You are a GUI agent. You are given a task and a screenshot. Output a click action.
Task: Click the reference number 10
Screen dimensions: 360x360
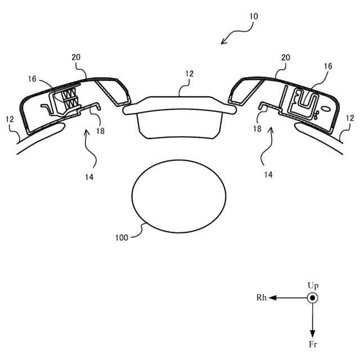pos(254,16)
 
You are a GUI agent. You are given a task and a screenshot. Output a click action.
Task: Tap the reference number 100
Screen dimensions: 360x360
pos(121,237)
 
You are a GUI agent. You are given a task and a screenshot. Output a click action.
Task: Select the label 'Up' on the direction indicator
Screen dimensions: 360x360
pos(313,286)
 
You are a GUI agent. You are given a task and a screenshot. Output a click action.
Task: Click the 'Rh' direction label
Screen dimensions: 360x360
pos(262,298)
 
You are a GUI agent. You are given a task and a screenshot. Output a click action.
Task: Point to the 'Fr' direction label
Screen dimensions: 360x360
pos(313,344)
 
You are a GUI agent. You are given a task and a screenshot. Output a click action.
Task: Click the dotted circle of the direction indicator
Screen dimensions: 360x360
pos(313,298)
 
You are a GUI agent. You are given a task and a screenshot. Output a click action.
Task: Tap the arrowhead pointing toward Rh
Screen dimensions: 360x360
pos(272,298)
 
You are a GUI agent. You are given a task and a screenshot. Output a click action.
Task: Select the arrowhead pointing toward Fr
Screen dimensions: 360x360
pos(313,334)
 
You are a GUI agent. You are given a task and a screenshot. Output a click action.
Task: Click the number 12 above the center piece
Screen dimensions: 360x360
pos(190,74)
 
